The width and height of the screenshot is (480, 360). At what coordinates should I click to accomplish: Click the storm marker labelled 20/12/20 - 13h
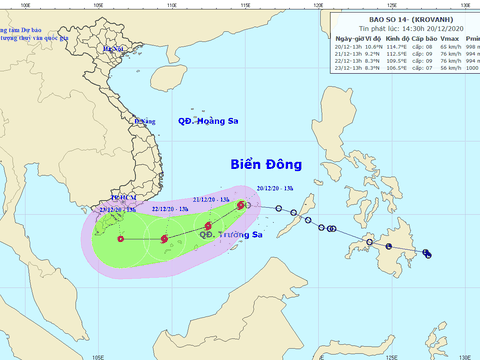(242, 205)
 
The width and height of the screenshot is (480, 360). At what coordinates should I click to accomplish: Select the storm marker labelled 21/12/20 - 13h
(208, 226)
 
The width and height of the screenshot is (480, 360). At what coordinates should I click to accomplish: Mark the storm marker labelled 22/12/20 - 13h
(164, 238)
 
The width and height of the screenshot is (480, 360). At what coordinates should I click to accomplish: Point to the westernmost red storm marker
(121, 238)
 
